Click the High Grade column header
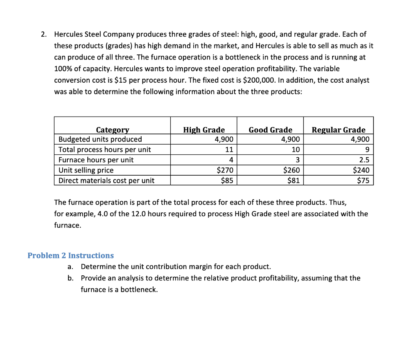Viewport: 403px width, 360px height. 204,130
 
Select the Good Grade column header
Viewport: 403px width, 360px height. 270,130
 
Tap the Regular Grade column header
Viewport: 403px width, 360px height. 338,130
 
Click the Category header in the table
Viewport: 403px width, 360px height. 113,130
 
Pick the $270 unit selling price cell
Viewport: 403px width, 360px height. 225,170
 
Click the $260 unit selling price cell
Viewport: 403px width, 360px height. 292,170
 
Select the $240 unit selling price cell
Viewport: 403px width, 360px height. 361,170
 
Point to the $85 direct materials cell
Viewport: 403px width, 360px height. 227,180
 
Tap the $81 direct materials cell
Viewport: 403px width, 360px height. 294,180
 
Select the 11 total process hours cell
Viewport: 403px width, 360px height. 229,150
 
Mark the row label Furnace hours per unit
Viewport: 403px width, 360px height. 96,160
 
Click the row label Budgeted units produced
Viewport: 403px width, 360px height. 100,139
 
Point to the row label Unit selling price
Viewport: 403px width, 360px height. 86,170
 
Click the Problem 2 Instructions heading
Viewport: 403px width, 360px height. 70,255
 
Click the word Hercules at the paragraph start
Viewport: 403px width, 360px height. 68,34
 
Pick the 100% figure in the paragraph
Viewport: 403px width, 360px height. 62,69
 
